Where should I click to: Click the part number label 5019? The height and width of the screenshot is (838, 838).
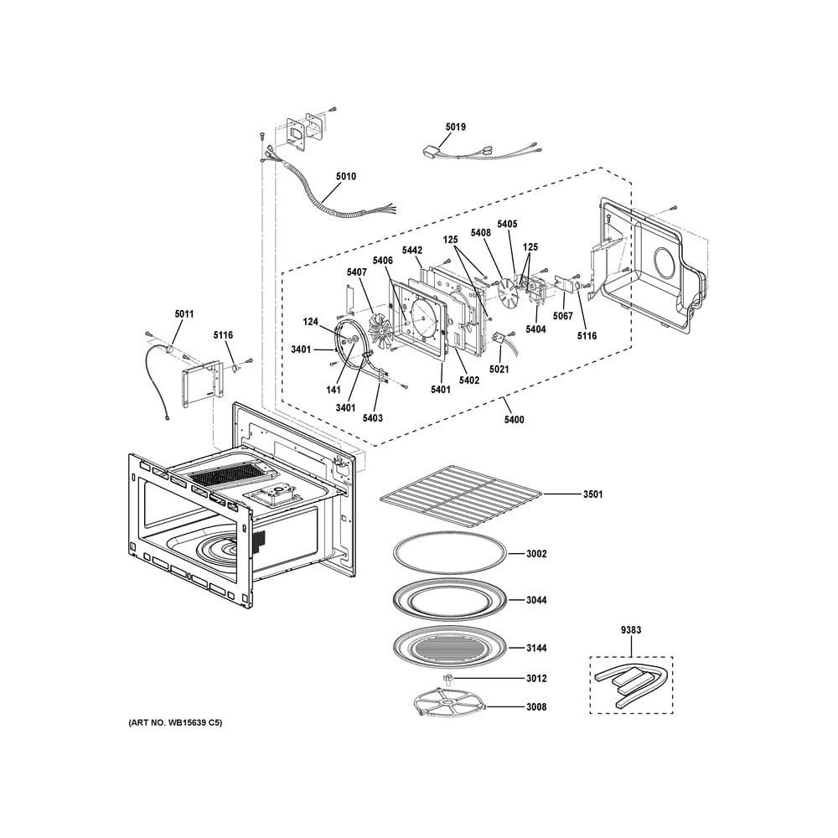click(x=455, y=127)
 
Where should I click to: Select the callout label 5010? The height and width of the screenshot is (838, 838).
click(x=345, y=177)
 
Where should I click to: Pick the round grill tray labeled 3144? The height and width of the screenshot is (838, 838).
click(x=451, y=649)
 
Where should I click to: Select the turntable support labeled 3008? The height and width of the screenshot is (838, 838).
click(x=450, y=703)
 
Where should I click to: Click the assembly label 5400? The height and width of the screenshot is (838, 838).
click(x=514, y=419)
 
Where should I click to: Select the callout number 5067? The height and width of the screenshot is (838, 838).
click(x=563, y=317)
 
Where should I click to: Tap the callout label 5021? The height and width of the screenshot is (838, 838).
click(x=499, y=370)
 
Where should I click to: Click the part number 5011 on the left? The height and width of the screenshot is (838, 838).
click(x=184, y=314)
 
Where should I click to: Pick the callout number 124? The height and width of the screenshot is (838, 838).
click(x=311, y=322)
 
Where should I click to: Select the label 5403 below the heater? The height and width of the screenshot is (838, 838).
click(x=373, y=417)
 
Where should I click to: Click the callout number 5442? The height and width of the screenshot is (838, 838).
click(x=411, y=251)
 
